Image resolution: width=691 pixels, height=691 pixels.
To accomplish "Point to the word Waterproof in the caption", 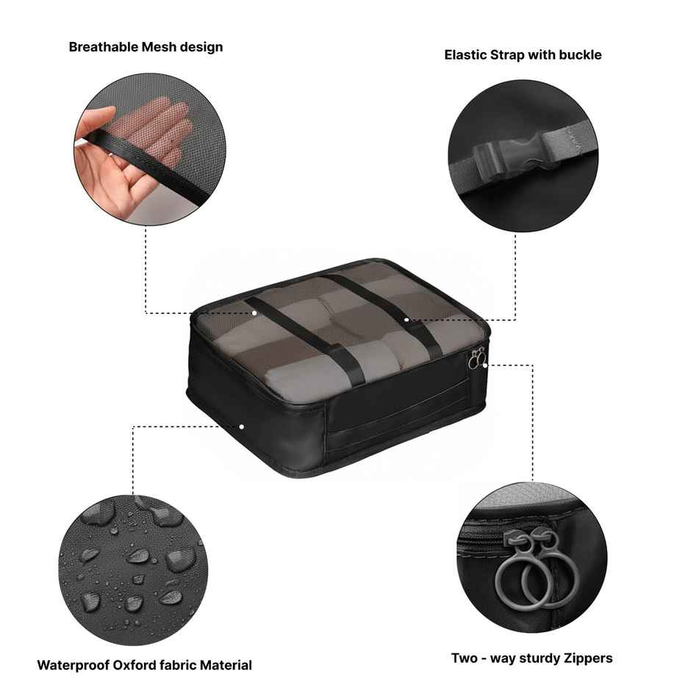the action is pos(74,665).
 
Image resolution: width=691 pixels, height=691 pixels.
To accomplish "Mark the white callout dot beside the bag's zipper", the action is pos(485,365).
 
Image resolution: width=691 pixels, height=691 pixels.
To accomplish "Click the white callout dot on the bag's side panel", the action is pos(242,426).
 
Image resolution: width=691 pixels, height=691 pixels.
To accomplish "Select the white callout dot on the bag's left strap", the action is pos(254,313).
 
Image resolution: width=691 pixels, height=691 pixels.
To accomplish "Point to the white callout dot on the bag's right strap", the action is pos(407,320).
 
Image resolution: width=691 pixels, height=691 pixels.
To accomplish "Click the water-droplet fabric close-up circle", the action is pos(133,570).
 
